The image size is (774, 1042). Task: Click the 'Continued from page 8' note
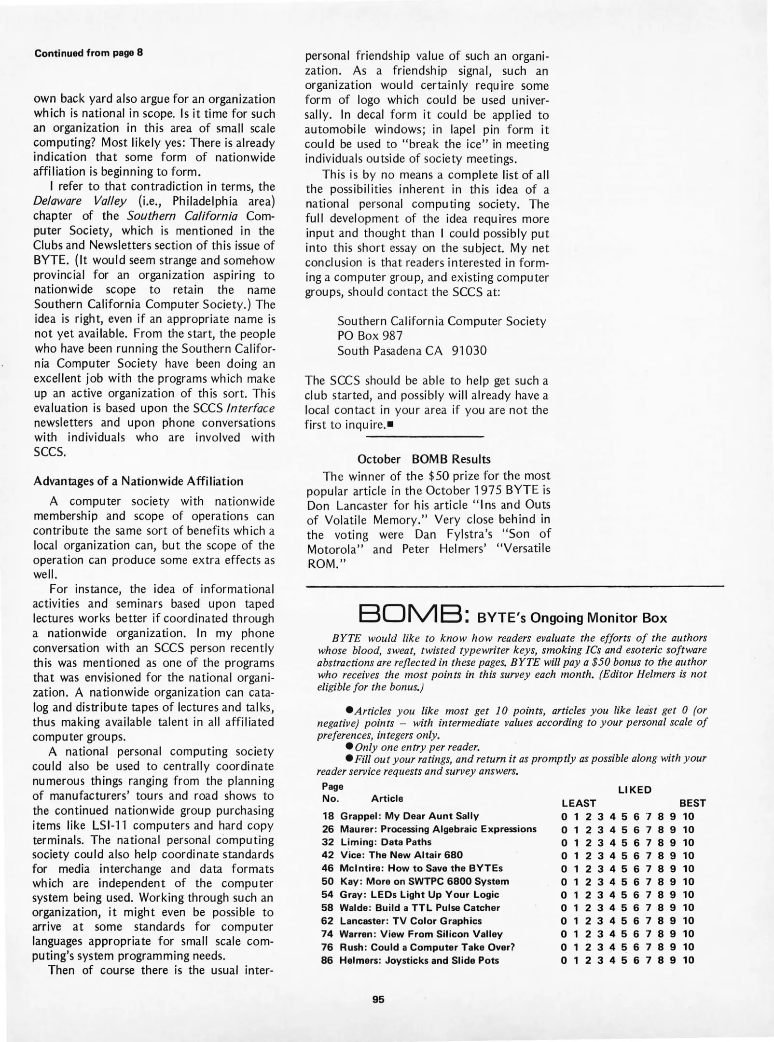pyautogui.click(x=88, y=53)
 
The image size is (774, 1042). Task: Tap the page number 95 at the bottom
pyautogui.click(x=378, y=999)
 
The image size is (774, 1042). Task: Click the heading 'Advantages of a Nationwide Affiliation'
pyautogui.click(x=138, y=481)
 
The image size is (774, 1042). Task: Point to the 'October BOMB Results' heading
pyautogui.click(x=424, y=459)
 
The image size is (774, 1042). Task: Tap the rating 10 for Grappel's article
pyautogui.click(x=689, y=816)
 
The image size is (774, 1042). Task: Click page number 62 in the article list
pyautogui.click(x=328, y=920)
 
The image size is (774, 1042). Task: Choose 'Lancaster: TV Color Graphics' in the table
pyautogui.click(x=411, y=920)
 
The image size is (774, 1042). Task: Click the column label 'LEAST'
pyautogui.click(x=579, y=803)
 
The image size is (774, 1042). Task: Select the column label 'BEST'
pyautogui.click(x=692, y=803)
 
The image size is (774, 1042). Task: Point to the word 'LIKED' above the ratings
pyautogui.click(x=635, y=790)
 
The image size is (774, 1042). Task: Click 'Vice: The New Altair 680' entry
pyautogui.click(x=401, y=855)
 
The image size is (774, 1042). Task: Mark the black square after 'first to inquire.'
pyautogui.click(x=389, y=425)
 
